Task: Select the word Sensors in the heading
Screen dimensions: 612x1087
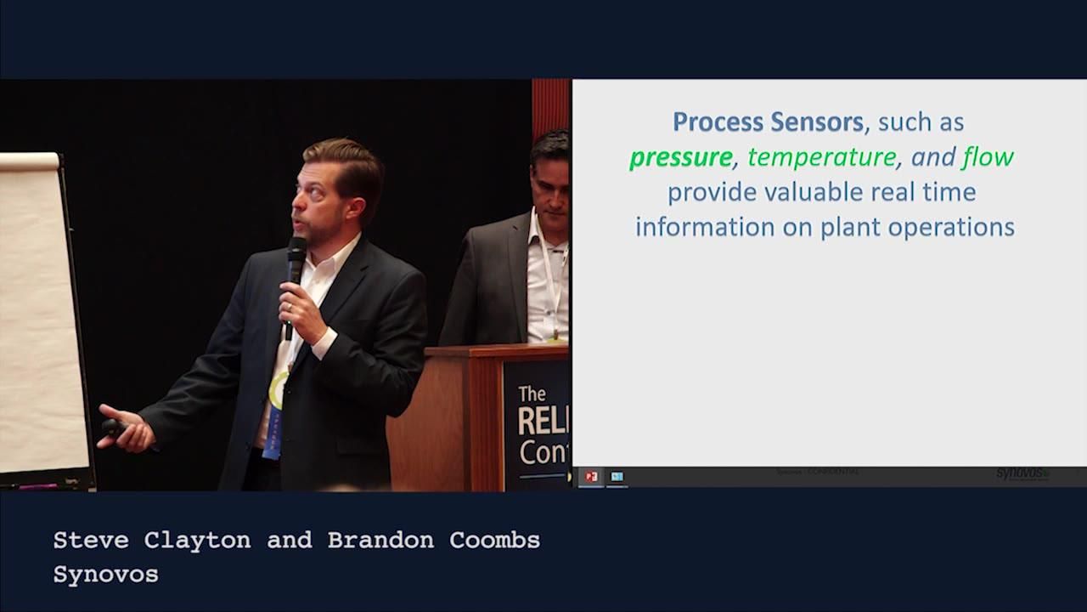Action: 816,122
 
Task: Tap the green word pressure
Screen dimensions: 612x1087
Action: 680,157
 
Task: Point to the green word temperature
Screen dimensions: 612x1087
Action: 821,157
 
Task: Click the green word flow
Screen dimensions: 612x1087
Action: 988,157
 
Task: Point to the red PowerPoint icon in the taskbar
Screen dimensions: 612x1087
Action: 591,477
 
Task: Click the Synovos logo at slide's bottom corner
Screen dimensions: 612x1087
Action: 1022,473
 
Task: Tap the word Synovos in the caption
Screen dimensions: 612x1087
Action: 105,575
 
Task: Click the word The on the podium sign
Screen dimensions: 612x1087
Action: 532,394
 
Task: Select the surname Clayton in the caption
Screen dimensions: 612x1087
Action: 197,541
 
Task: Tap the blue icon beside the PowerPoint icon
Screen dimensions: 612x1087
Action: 617,477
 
